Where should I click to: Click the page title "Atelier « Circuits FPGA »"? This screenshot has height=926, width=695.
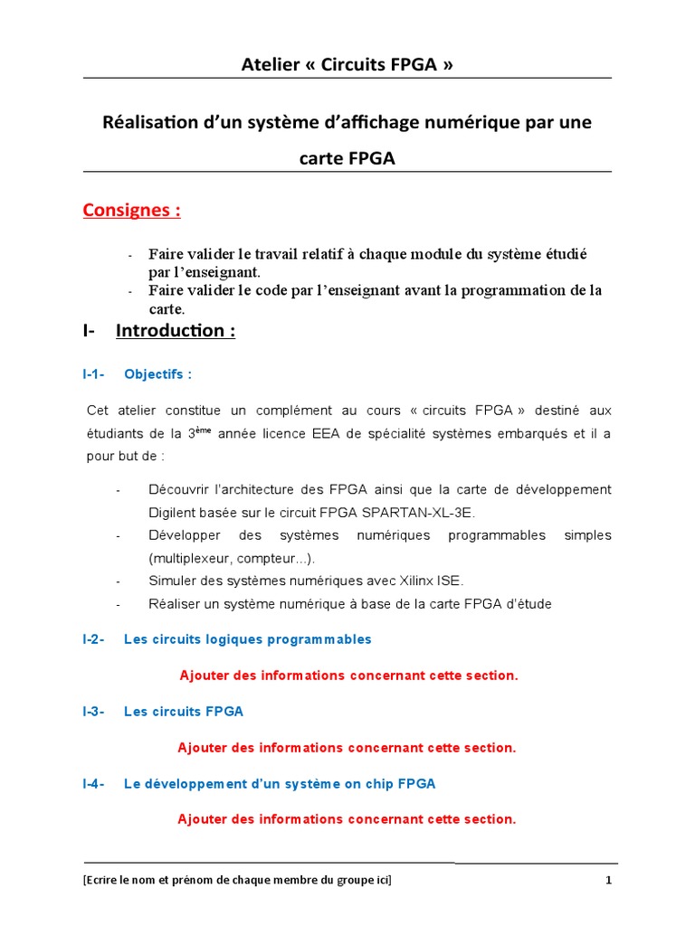click(x=347, y=64)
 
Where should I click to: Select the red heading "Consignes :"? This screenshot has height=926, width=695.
click(x=131, y=211)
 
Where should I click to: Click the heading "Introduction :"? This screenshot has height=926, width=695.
click(x=176, y=331)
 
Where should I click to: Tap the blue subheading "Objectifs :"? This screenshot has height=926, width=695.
click(x=157, y=373)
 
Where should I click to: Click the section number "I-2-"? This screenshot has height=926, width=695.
click(x=93, y=639)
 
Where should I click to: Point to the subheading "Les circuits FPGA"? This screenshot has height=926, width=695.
click(x=184, y=712)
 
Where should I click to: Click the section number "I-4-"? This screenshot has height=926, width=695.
click(x=93, y=784)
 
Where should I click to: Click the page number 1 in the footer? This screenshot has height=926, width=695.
click(x=609, y=880)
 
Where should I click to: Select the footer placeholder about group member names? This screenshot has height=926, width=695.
click(x=238, y=880)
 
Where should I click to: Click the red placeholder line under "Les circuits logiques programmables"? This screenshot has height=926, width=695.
click(x=348, y=676)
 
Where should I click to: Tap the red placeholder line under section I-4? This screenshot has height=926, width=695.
click(x=347, y=819)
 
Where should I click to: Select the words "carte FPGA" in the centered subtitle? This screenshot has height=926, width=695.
click(x=347, y=159)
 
